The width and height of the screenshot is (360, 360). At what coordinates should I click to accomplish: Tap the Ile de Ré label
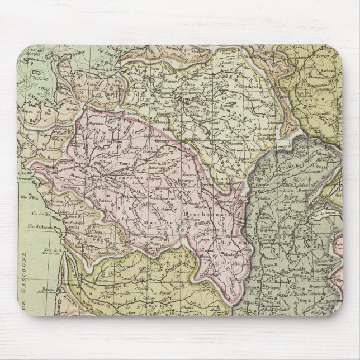38,214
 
